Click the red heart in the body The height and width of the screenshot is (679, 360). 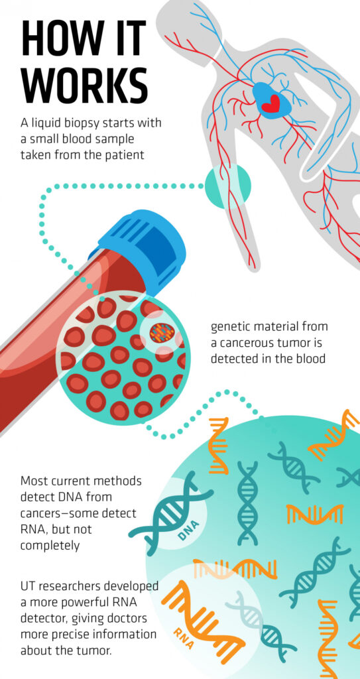(x=272, y=103)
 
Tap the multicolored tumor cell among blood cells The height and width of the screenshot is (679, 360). (x=162, y=333)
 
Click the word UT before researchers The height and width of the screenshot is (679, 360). (x=27, y=586)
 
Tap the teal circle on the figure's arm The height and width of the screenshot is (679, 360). (x=227, y=186)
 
